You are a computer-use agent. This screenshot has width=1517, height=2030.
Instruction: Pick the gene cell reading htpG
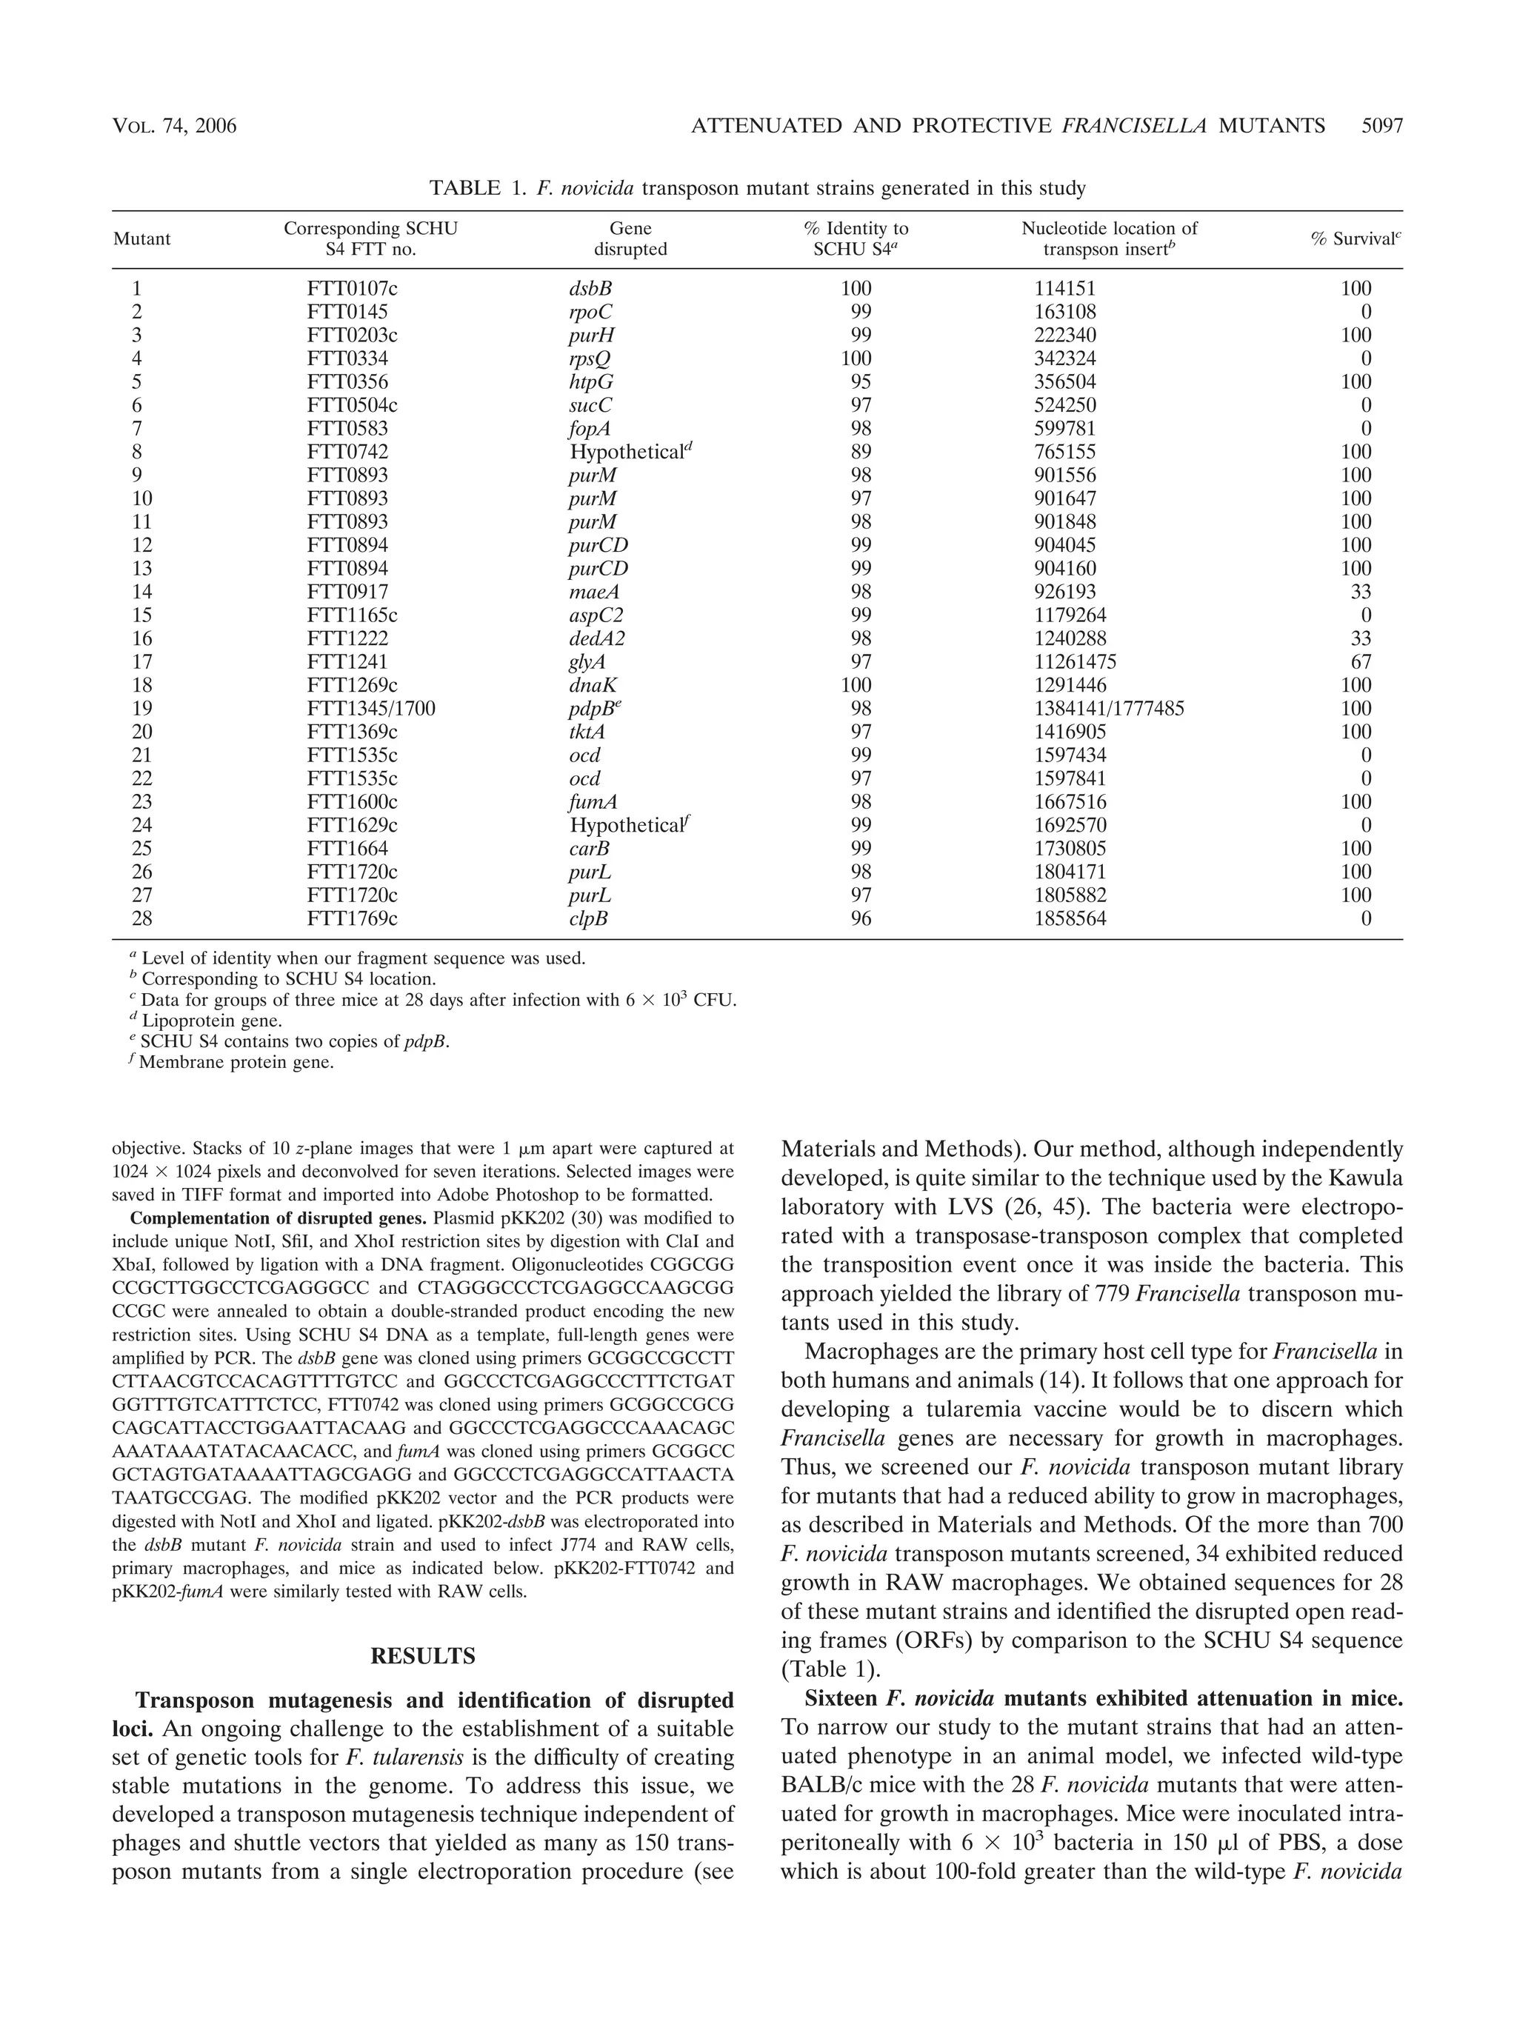(591, 381)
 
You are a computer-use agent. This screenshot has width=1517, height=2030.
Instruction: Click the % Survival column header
(1356, 238)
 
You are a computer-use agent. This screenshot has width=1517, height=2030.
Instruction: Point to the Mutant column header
(141, 238)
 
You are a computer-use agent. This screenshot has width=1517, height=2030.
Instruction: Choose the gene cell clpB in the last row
(588, 918)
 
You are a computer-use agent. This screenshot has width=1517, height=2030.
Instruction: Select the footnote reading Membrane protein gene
(235, 1064)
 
